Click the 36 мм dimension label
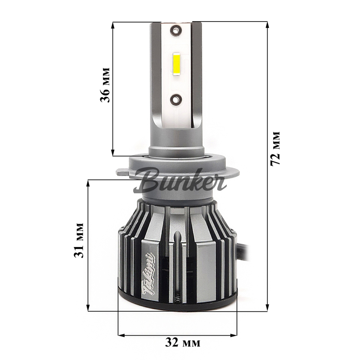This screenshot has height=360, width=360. tap(105, 84)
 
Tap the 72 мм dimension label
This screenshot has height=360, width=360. tap(275, 148)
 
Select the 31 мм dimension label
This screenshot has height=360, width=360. tap(79, 240)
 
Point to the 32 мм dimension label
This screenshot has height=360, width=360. tap(183, 342)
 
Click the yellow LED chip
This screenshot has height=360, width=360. tap(177, 65)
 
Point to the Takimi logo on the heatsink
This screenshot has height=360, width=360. tap(149, 275)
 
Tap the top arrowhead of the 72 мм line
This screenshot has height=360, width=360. tap(267, 24)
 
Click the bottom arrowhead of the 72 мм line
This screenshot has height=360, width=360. tap(267, 308)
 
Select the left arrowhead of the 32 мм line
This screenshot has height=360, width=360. tap(121, 336)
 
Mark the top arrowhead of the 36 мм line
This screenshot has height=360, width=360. tap(113, 25)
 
